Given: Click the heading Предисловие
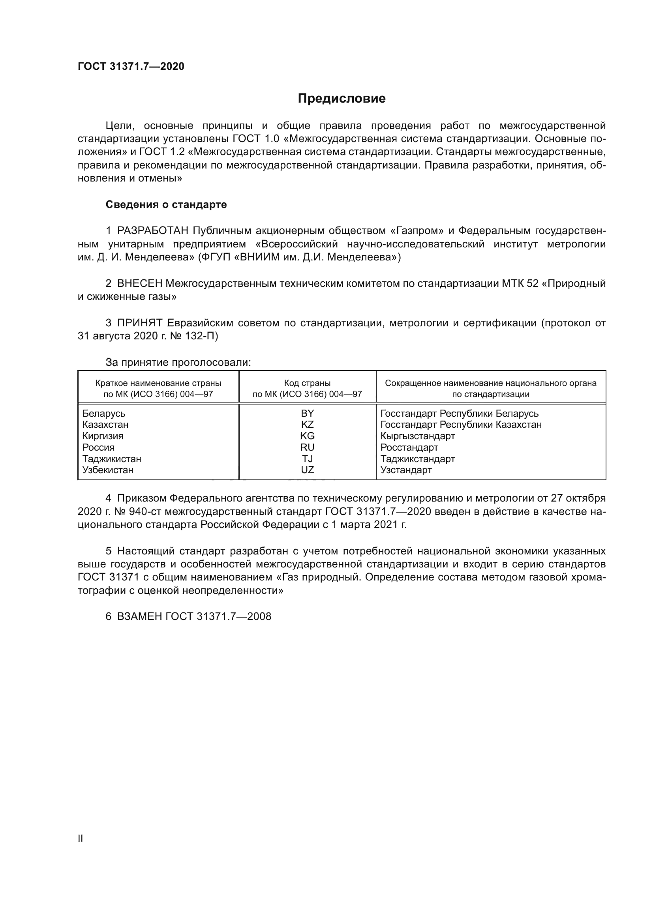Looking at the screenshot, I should (342, 99).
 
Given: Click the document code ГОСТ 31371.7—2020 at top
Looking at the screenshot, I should (131, 66).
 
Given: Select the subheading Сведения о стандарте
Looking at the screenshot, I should (166, 205).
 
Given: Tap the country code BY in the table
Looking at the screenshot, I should (307, 413).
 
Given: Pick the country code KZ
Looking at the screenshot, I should (307, 425).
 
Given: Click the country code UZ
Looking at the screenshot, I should (307, 470).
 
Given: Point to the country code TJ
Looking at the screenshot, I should (307, 458).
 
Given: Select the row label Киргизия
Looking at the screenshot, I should (103, 436).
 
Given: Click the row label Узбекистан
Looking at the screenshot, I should (108, 470).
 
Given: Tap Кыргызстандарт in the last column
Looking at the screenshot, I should (417, 436).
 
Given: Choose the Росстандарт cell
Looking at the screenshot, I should (409, 447).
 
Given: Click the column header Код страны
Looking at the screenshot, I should (307, 383).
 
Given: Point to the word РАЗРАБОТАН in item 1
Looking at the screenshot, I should (153, 231).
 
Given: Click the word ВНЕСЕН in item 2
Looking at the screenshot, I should (139, 283).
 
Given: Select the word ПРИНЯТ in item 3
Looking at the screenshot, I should (139, 323).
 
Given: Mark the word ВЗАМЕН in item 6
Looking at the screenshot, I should (139, 616).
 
